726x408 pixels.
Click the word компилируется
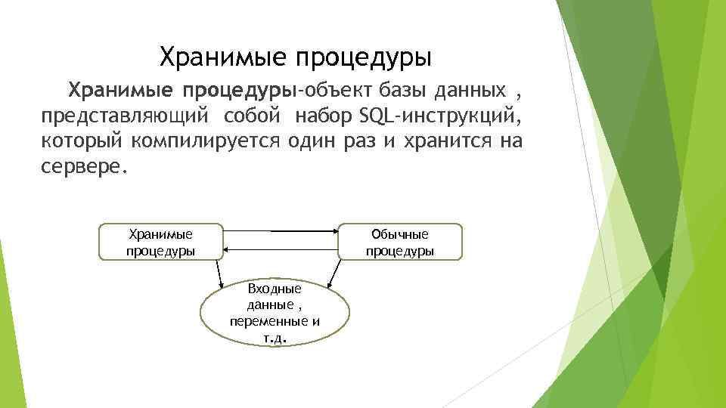point(205,142)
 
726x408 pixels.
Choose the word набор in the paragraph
point(326,117)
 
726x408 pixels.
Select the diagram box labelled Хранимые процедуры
point(161,242)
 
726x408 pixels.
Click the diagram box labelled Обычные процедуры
point(400,242)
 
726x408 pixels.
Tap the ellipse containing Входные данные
point(275,313)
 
